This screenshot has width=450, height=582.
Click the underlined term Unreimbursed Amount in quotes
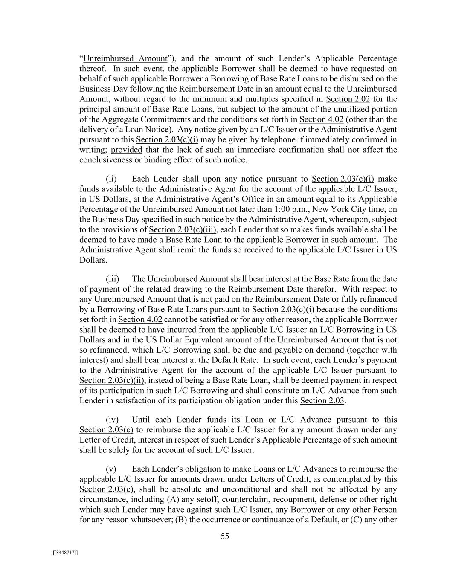[x=125, y=58]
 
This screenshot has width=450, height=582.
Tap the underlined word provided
[x=126, y=150]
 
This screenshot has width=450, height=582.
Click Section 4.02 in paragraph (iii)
[x=140, y=319]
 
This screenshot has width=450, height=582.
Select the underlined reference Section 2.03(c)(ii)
[x=113, y=380]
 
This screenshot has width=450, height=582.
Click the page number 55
[x=225, y=536]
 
